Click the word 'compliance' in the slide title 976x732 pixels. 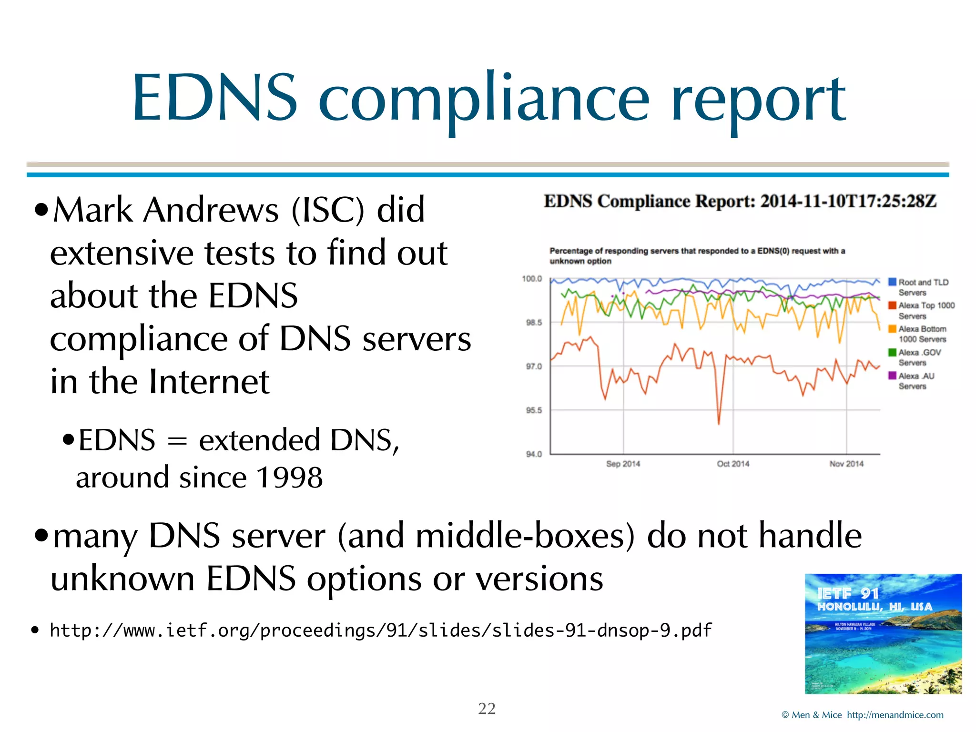coord(484,100)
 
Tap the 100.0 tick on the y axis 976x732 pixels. coord(532,279)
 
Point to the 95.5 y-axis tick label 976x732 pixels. coord(534,410)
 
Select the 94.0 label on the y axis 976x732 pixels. coord(534,454)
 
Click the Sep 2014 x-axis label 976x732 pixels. coord(623,464)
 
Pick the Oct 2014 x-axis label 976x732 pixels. coord(733,464)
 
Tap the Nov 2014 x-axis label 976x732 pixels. coord(846,464)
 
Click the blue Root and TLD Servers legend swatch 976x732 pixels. coord(892,282)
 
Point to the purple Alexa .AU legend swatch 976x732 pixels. coord(892,376)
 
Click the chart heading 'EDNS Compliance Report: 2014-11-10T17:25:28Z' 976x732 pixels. coord(740,202)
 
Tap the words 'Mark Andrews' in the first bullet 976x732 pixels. coord(165,210)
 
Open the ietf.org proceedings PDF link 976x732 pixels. coord(380,630)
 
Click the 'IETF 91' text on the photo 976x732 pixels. coord(848,593)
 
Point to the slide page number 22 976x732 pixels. coord(487,709)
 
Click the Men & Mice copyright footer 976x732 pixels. coord(862,715)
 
